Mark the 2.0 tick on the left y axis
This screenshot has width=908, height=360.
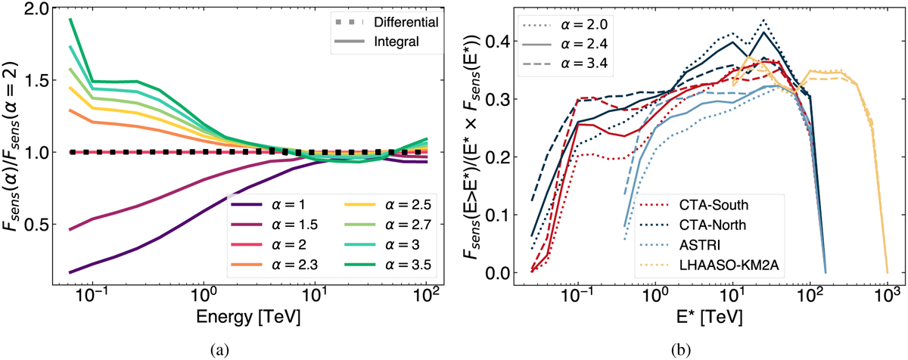39,9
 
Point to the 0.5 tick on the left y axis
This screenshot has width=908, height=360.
39,225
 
